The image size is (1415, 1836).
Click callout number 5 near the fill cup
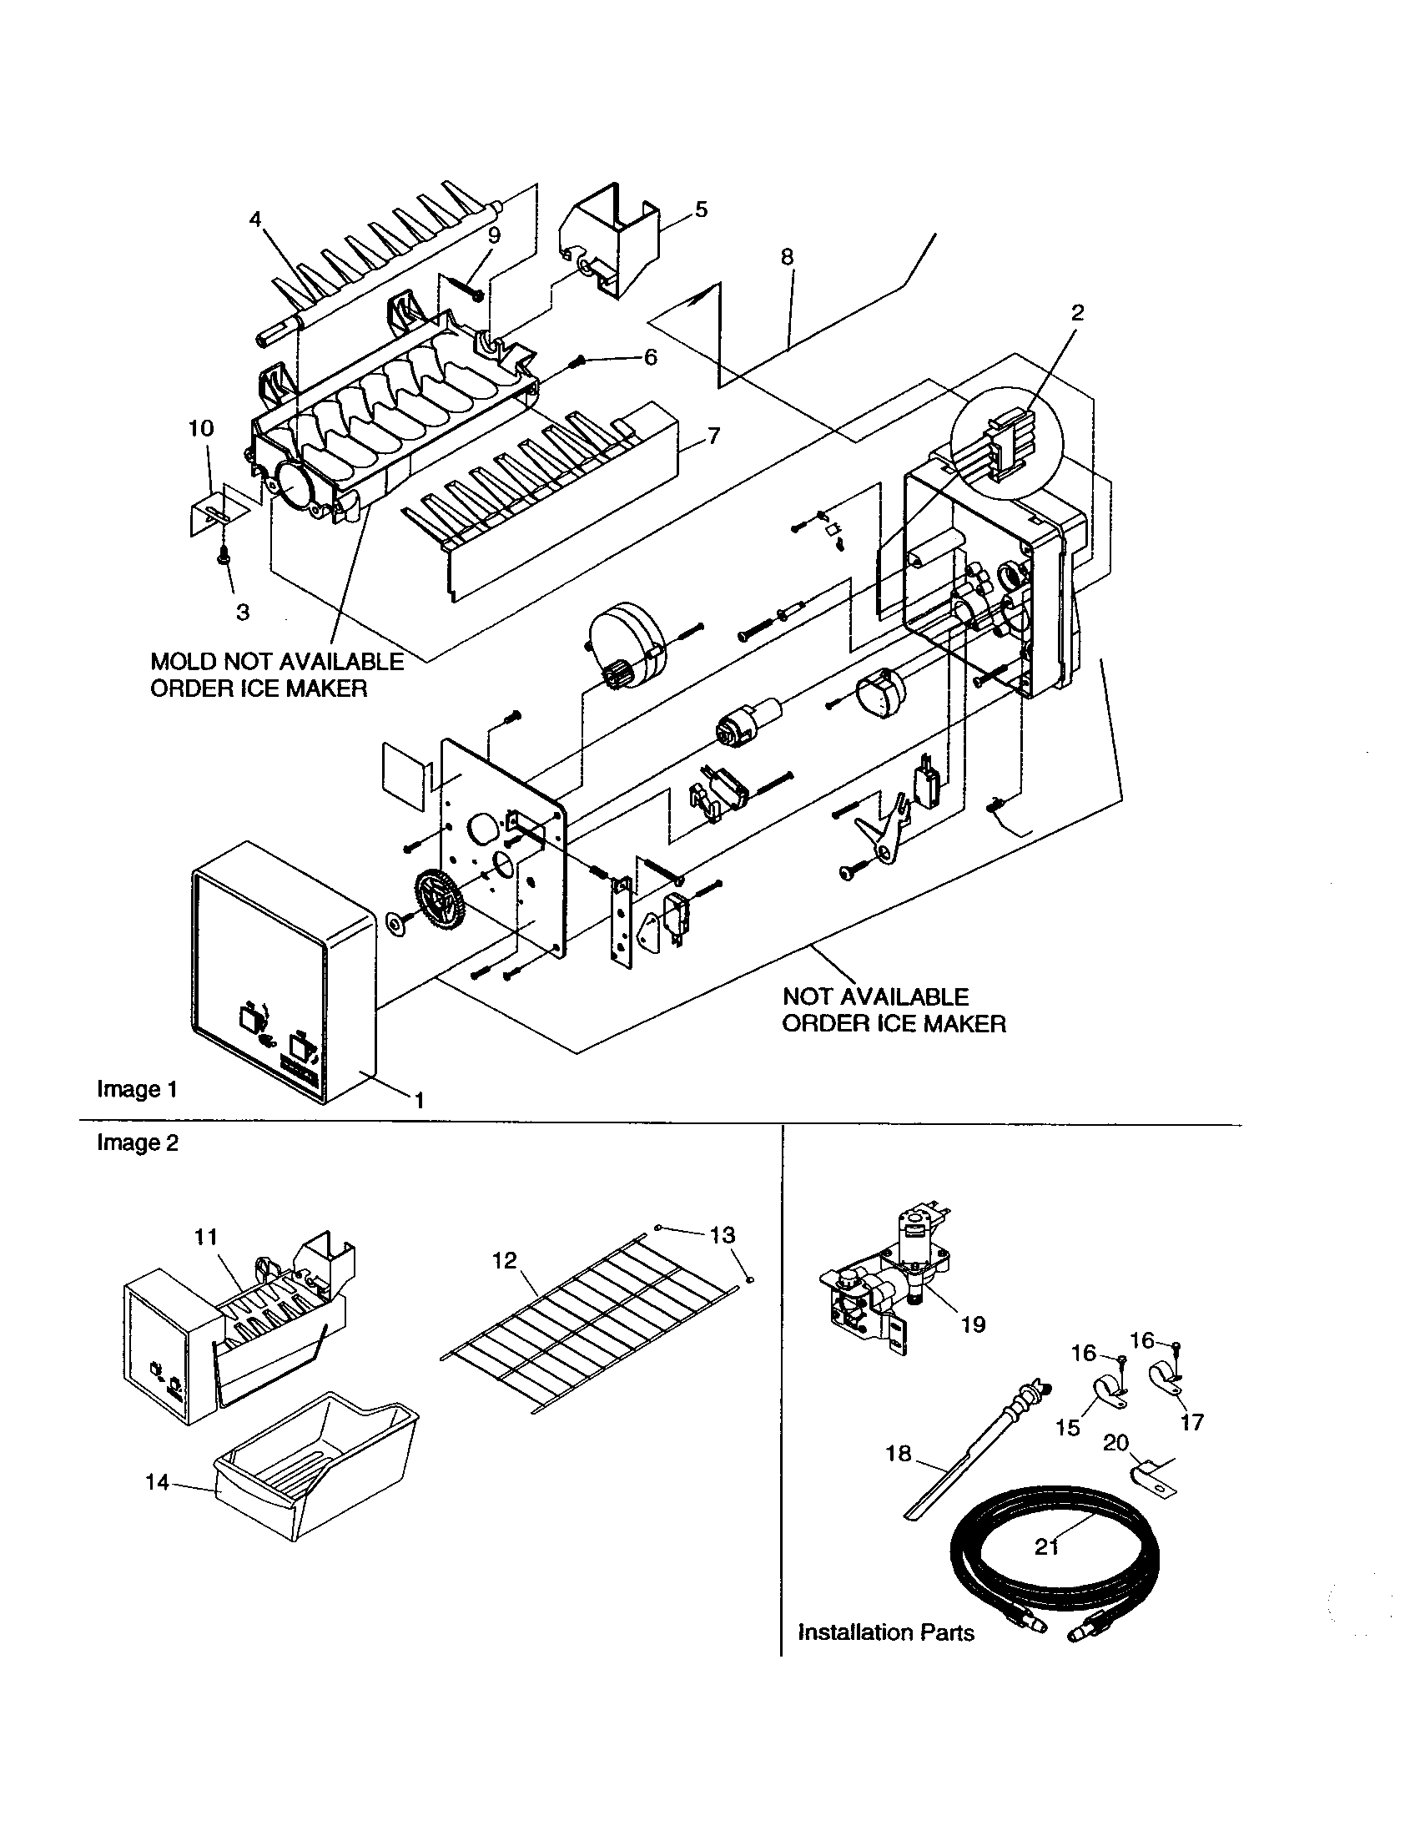(701, 209)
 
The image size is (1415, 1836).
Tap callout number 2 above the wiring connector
(1077, 313)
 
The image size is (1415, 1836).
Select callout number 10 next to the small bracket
(200, 428)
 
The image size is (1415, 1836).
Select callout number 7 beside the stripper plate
(713, 436)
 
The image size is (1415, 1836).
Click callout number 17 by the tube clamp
(1191, 1422)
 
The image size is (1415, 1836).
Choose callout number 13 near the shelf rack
(722, 1235)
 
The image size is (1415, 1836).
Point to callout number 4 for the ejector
(255, 219)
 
